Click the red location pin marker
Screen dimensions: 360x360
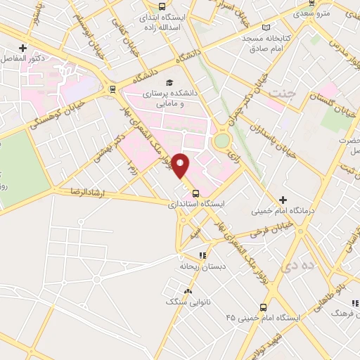pos(181,166)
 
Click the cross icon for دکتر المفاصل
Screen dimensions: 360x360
pos(23,48)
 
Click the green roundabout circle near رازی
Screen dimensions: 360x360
pos(222,140)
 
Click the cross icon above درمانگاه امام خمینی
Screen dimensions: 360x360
pos(283,200)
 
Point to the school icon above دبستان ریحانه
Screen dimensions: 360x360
pos(202,255)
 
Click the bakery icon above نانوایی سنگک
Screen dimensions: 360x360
pos(187,290)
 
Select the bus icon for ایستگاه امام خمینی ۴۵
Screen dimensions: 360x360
pos(263,307)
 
